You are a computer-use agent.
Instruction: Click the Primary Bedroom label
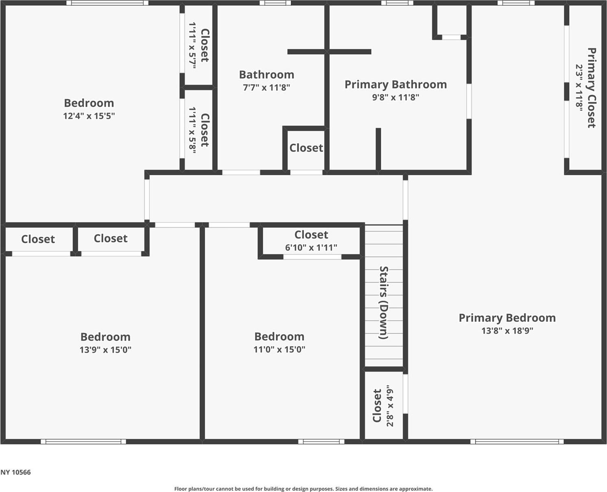pos(507,318)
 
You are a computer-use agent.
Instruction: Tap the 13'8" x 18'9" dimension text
pos(507,331)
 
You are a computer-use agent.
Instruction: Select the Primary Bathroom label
pos(395,85)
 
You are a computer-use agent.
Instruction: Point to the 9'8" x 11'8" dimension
pos(395,97)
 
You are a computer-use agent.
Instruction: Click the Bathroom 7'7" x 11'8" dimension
pos(266,87)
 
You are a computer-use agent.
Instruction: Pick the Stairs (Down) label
pos(384,303)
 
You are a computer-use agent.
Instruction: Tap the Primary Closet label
pos(592,88)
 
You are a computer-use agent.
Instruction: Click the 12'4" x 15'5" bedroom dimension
pos(89,116)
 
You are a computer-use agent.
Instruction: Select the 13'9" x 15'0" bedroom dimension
pos(105,350)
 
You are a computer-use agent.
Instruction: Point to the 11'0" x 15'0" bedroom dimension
pos(279,349)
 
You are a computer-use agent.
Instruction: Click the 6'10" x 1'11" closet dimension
pos(311,247)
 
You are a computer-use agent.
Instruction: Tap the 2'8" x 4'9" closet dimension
pos(390,406)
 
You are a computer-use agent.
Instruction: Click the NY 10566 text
pos(15,472)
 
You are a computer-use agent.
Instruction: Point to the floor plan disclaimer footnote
pos(303,489)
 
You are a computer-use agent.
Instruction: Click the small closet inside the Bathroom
pos(306,148)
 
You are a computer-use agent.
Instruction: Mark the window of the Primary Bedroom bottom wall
pos(517,442)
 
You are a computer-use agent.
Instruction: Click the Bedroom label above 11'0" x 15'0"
pos(279,337)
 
